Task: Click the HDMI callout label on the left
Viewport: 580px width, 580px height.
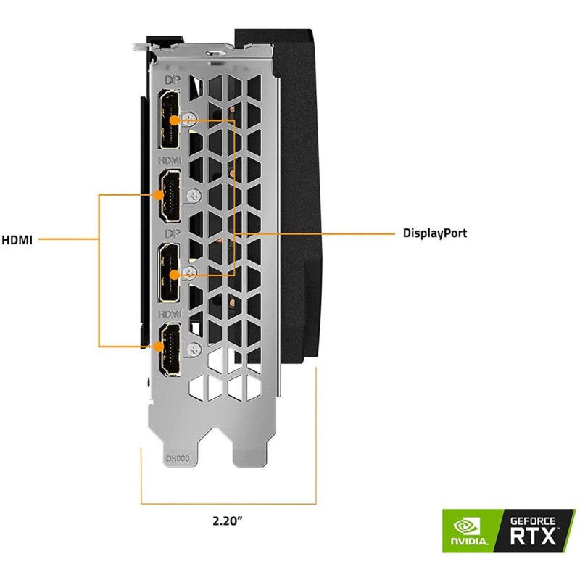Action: (x=16, y=239)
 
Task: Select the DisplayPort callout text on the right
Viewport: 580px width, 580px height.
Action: (x=435, y=233)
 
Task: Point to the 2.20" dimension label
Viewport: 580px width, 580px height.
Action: (x=228, y=521)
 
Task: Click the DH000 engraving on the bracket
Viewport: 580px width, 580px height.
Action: (x=177, y=458)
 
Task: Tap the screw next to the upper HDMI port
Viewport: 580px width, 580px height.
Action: (x=193, y=195)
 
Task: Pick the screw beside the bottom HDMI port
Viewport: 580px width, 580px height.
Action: (x=193, y=349)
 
